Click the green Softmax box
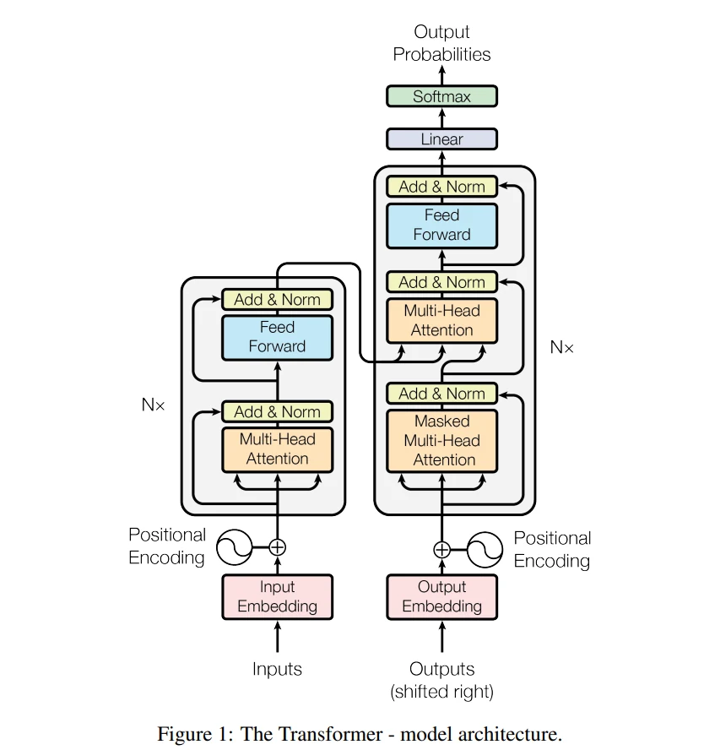tap(441, 96)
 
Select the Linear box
tap(441, 139)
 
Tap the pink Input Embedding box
tap(277, 597)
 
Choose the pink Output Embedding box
tap(441, 597)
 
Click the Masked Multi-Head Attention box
tap(441, 441)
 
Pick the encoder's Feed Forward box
tap(277, 337)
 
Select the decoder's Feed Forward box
tap(441, 226)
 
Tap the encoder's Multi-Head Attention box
tap(277, 449)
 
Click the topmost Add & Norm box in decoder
tap(441, 187)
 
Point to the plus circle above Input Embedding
tap(277, 547)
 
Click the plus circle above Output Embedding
tap(441, 550)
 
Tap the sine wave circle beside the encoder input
tap(234, 547)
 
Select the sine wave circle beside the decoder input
tap(485, 550)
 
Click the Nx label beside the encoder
tap(153, 405)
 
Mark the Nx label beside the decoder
tap(561, 347)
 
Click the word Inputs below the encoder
tap(277, 669)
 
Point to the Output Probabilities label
tap(441, 43)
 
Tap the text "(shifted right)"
tap(441, 692)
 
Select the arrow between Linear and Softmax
tap(441, 117)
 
